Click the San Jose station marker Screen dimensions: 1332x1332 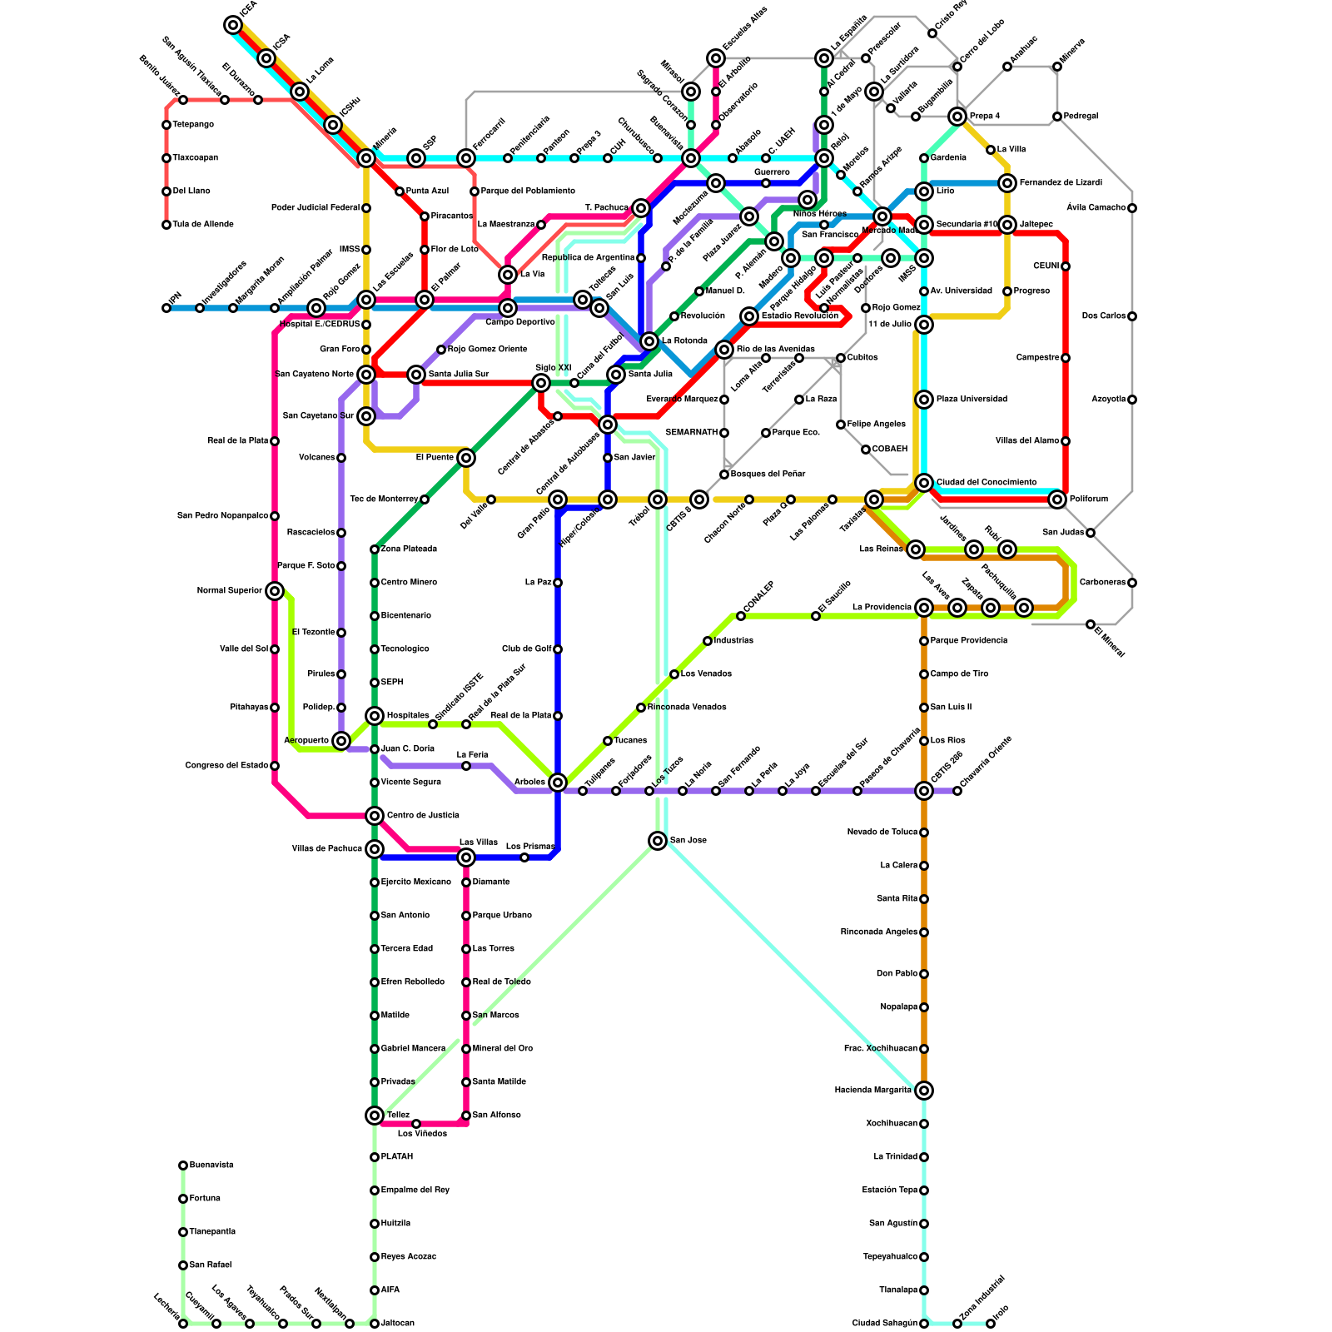(658, 841)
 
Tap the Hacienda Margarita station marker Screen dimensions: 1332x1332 (924, 1091)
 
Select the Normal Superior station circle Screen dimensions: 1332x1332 (275, 591)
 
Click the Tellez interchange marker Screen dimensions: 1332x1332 (375, 1116)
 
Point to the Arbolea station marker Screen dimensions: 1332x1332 (558, 783)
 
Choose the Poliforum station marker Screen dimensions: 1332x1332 (1057, 499)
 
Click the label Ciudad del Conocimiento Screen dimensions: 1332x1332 (987, 483)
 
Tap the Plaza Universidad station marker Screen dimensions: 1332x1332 (924, 400)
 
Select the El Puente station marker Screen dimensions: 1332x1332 (466, 458)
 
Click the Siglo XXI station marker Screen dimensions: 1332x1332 (541, 383)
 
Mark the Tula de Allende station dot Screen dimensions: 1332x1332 (166, 225)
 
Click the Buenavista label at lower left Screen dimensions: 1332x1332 (211, 1165)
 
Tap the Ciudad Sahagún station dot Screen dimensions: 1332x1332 (924, 1324)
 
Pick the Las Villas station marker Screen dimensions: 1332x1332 (466, 857)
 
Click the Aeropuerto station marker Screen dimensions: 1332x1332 (341, 741)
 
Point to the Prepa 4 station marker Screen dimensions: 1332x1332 (957, 117)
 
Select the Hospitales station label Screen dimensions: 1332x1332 (408, 716)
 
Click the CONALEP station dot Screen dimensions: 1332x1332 (741, 616)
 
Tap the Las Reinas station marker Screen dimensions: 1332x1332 (916, 549)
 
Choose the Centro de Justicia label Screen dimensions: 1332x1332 (423, 816)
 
